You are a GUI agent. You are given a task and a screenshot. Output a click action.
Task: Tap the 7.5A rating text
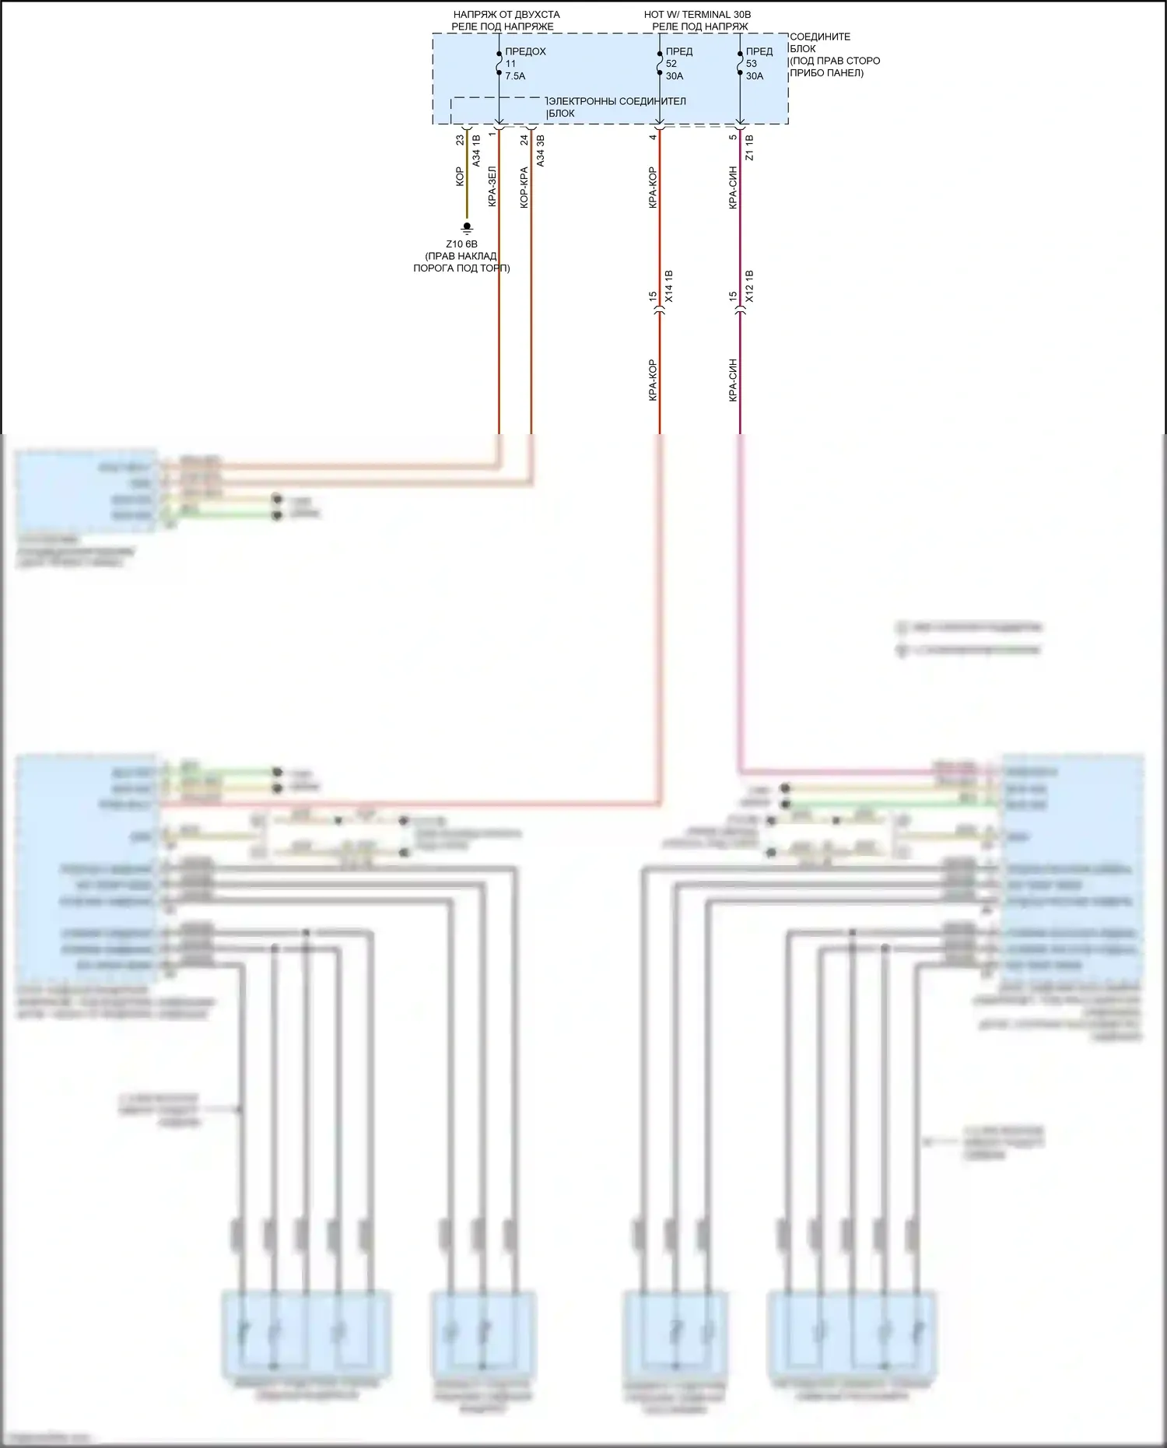tap(516, 76)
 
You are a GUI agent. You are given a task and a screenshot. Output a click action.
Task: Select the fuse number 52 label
tap(671, 64)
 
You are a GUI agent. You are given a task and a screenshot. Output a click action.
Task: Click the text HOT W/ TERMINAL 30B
tap(697, 15)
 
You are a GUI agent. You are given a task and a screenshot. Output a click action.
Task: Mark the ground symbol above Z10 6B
tap(467, 228)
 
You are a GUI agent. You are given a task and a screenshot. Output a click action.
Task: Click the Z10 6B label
tap(461, 244)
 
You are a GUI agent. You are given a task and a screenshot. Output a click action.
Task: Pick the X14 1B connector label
tap(669, 286)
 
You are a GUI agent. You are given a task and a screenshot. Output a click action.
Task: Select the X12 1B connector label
tap(749, 286)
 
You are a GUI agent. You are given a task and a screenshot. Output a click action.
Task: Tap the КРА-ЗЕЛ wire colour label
tap(492, 187)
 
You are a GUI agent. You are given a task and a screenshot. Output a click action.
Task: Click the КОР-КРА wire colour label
tap(524, 187)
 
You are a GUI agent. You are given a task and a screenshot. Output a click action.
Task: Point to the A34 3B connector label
tap(541, 150)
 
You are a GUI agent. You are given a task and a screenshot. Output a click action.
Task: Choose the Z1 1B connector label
tap(749, 147)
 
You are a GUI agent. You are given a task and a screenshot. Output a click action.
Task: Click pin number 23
tap(460, 140)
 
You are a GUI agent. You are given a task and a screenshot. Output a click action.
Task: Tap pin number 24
tap(524, 140)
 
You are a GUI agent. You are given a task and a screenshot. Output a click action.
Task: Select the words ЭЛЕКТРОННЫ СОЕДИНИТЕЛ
tap(617, 101)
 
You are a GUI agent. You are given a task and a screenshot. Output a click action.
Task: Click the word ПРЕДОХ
tap(526, 51)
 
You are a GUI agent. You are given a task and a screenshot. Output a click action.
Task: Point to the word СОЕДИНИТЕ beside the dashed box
tap(820, 37)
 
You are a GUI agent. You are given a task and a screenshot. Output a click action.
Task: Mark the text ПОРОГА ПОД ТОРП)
tap(461, 268)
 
